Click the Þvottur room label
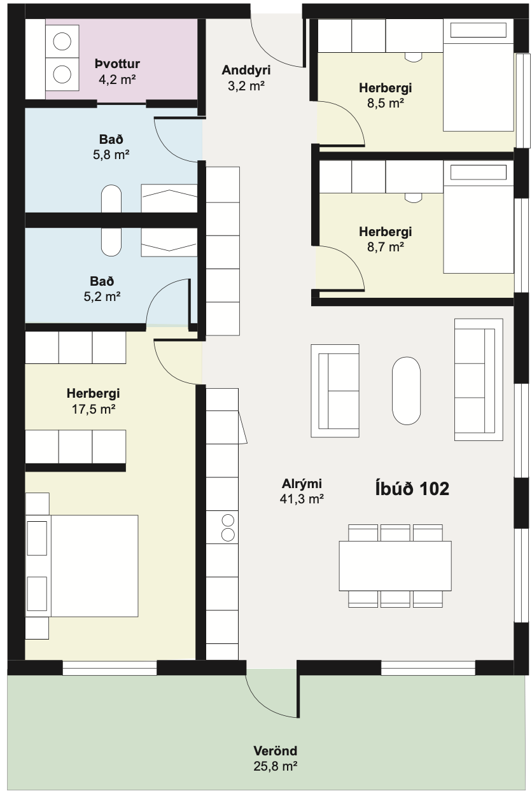pyautogui.click(x=117, y=64)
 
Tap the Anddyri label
pyautogui.click(x=246, y=70)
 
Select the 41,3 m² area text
pyautogui.click(x=302, y=499)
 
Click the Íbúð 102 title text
pyautogui.click(x=412, y=488)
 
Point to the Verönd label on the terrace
pyautogui.click(x=275, y=751)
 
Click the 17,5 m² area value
pyautogui.click(x=94, y=409)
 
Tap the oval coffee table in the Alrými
pyautogui.click(x=406, y=391)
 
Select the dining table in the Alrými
pyautogui.click(x=395, y=566)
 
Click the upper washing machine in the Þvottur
pyautogui.click(x=62, y=41)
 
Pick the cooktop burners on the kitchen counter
pyautogui.click(x=228, y=528)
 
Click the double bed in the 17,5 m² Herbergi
pyautogui.click(x=82, y=566)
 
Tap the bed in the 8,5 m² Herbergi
pyautogui.click(x=478, y=75)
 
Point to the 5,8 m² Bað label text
pyautogui.click(x=111, y=147)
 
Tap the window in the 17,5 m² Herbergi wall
pyautogui.click(x=109, y=668)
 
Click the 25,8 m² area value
pyautogui.click(x=275, y=766)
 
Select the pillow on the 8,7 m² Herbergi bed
pyautogui.click(x=478, y=172)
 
